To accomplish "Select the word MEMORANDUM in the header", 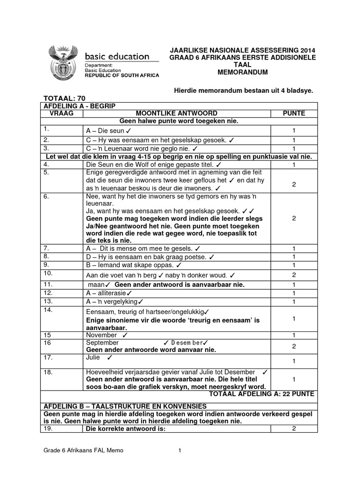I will pos(242,72).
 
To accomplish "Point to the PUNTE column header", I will pos(294,113).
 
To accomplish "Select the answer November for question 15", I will pos(102,335).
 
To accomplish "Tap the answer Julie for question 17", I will pos(94,358).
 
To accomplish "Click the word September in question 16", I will pos(103,343).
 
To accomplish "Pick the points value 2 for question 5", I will pos(294,185).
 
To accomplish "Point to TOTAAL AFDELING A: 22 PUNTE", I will pos(269,394).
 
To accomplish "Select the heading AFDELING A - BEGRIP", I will pos(79,106).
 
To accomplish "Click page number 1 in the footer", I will pos(180,450).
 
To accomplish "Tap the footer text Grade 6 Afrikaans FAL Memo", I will pos(84,450).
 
